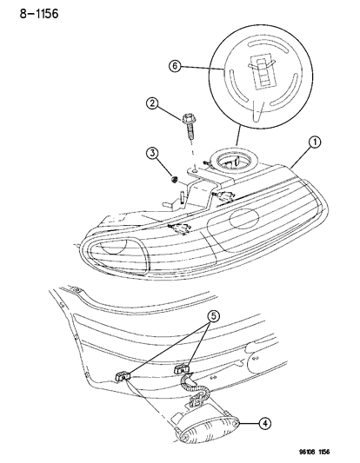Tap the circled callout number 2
(x=152, y=105)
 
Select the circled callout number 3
(x=152, y=155)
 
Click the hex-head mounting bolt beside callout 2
(x=189, y=123)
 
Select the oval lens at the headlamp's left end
(x=123, y=250)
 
